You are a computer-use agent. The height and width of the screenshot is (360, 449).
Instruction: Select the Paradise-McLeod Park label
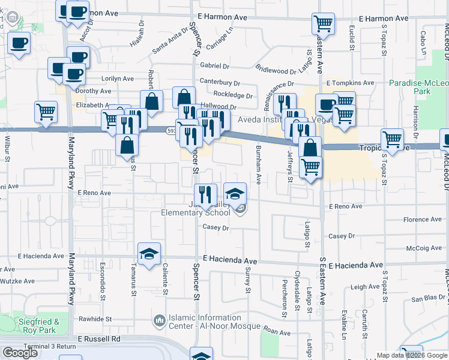(x=418, y=87)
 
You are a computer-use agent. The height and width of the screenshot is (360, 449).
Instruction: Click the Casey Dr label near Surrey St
(x=216, y=228)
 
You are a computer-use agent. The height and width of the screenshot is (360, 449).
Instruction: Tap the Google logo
(x=20, y=353)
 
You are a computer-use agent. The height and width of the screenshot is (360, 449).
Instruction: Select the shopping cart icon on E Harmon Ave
(x=323, y=24)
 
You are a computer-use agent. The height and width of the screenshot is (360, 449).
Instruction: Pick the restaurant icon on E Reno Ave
(x=206, y=193)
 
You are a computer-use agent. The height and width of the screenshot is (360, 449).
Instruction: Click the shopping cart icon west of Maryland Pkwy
(x=46, y=111)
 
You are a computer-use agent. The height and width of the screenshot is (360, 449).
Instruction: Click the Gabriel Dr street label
(x=215, y=65)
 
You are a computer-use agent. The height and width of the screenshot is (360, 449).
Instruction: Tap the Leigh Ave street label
(x=366, y=287)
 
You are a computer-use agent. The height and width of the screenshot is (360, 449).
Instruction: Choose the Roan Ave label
(x=277, y=332)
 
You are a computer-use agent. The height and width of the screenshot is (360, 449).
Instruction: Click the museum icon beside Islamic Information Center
(x=159, y=322)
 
